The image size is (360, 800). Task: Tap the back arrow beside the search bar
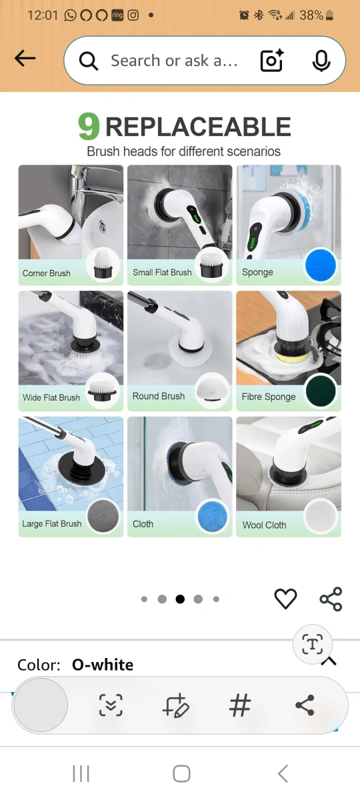[x=25, y=58]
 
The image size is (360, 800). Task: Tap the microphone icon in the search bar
[x=321, y=61]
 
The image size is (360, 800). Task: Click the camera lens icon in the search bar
[x=272, y=61]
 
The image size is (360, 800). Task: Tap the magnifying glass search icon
[x=89, y=61]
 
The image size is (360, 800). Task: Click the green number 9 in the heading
[x=89, y=126]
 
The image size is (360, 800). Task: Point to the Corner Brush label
[x=47, y=273]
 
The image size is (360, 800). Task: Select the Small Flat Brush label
[x=162, y=272]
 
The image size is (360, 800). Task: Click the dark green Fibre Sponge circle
[x=321, y=391]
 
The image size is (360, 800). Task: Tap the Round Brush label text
[x=159, y=396]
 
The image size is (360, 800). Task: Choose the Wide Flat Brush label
[x=51, y=397]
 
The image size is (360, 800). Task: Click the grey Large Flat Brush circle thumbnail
[x=103, y=516]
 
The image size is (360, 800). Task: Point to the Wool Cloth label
[x=264, y=525]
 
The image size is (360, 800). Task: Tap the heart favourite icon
[x=285, y=599]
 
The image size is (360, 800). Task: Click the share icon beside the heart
[x=331, y=599]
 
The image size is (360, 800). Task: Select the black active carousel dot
[x=180, y=599]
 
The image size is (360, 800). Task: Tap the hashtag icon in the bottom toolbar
[x=240, y=705]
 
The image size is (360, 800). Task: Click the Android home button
[x=181, y=774]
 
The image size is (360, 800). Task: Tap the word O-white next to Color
[x=103, y=665]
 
